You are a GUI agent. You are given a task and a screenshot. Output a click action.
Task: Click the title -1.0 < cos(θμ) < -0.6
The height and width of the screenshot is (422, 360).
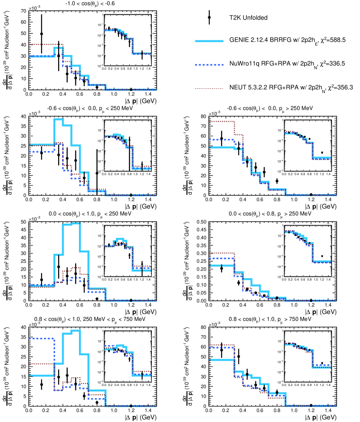pyautogui.click(x=90, y=4)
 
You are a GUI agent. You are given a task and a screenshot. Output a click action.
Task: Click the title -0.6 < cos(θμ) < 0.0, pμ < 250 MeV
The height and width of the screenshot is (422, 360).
pyautogui.click(x=90, y=108)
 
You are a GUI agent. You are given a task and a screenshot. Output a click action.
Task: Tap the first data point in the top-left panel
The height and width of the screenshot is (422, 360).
pyautogui.click(x=42, y=34)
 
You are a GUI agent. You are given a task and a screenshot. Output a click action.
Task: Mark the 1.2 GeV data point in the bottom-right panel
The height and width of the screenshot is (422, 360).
pyautogui.click(x=311, y=405)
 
